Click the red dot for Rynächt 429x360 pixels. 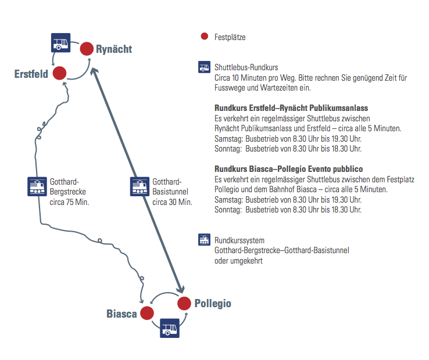point(87,49)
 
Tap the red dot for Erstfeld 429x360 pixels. point(59,73)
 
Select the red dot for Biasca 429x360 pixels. point(146,314)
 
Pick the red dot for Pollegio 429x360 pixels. point(184,303)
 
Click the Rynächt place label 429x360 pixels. point(114,49)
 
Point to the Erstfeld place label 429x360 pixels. point(31,74)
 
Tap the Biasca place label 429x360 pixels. point(121,314)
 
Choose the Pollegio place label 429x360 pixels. point(213,304)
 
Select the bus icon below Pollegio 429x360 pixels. point(170,328)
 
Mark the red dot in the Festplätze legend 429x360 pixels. point(204,37)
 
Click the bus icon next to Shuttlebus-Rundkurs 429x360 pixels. point(204,67)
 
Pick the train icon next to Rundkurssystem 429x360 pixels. point(204,239)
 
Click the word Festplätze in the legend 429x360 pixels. point(230,37)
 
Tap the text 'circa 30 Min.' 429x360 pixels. point(172,202)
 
